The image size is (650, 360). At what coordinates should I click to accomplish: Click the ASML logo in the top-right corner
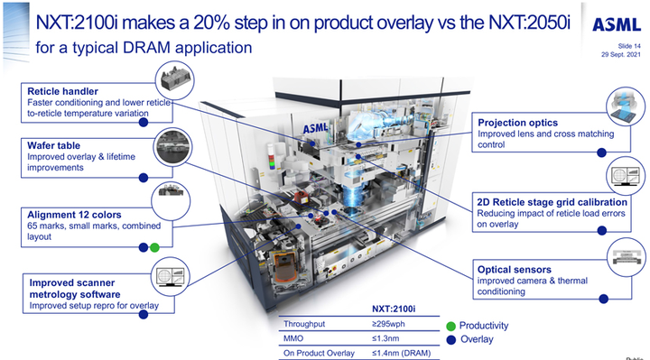click(x=617, y=25)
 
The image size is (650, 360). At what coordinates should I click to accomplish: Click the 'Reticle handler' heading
click(x=62, y=91)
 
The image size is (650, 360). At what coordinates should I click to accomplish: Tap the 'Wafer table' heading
click(x=54, y=145)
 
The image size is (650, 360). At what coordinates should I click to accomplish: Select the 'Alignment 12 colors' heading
click(x=74, y=215)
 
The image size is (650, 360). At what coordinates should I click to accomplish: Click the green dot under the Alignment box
click(x=154, y=248)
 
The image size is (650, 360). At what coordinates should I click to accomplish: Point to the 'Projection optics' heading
click(x=518, y=123)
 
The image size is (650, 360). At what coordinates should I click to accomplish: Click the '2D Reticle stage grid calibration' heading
click(x=552, y=202)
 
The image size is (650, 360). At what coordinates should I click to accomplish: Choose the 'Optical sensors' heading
click(x=515, y=270)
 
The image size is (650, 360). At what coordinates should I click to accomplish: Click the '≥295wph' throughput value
click(x=388, y=324)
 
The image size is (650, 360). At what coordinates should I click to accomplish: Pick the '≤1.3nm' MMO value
click(x=385, y=338)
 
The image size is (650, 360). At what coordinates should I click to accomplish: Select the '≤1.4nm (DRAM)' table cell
click(x=401, y=354)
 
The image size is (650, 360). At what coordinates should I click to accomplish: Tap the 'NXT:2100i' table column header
click(x=394, y=309)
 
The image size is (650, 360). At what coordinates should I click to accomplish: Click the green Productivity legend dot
click(x=451, y=326)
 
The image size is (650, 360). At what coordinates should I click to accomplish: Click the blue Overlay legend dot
click(x=451, y=340)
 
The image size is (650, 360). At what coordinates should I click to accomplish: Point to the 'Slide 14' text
click(x=629, y=46)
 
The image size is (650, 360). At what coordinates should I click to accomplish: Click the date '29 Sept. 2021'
click(x=621, y=55)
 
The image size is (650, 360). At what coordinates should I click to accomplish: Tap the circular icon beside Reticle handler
click(x=175, y=80)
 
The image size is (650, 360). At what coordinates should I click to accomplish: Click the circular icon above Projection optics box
click(x=626, y=106)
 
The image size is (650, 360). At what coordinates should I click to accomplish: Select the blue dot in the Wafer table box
click(x=144, y=178)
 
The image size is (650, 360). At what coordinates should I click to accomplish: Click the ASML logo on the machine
click(x=315, y=127)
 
